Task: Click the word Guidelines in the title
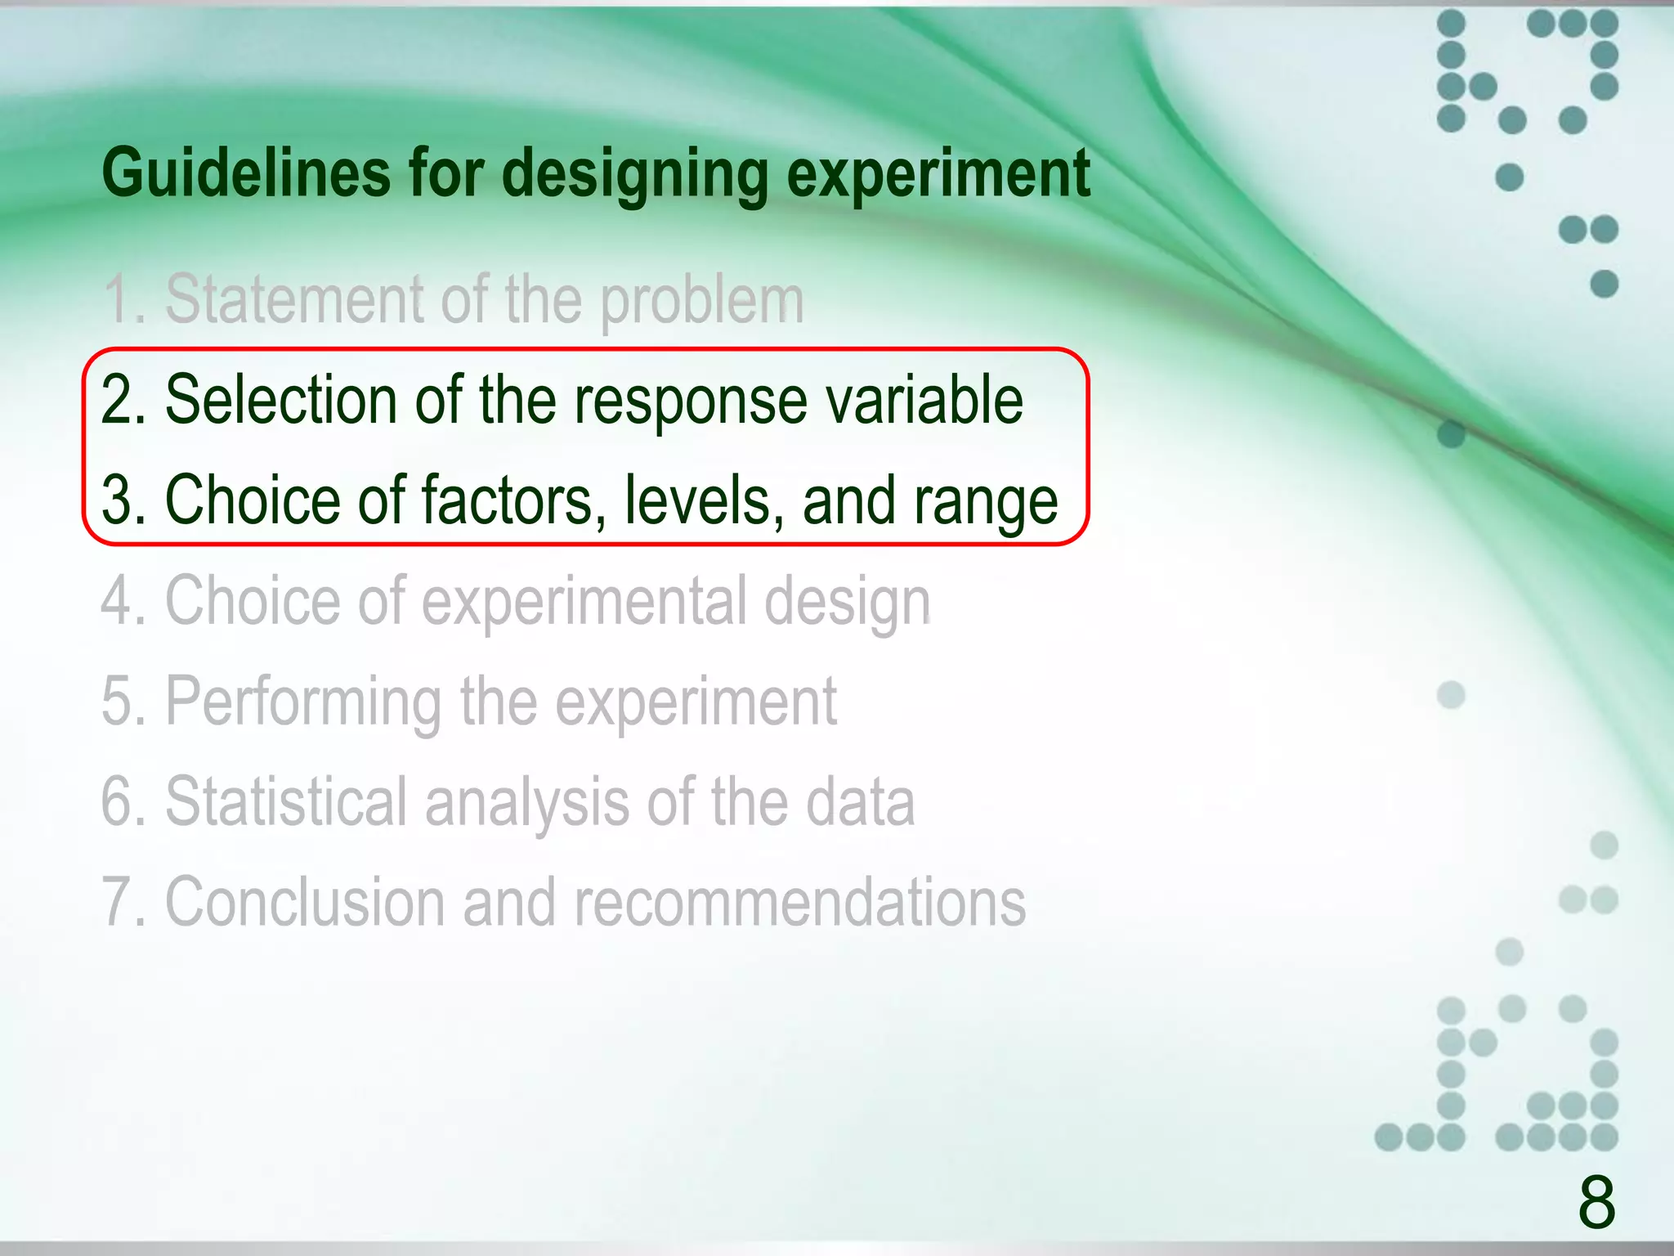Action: (x=246, y=173)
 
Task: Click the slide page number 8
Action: (x=1596, y=1202)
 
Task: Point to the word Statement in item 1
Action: (x=295, y=299)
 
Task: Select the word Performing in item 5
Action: (x=303, y=702)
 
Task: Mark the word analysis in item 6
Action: (x=527, y=803)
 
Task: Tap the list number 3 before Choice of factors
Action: (x=117, y=500)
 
